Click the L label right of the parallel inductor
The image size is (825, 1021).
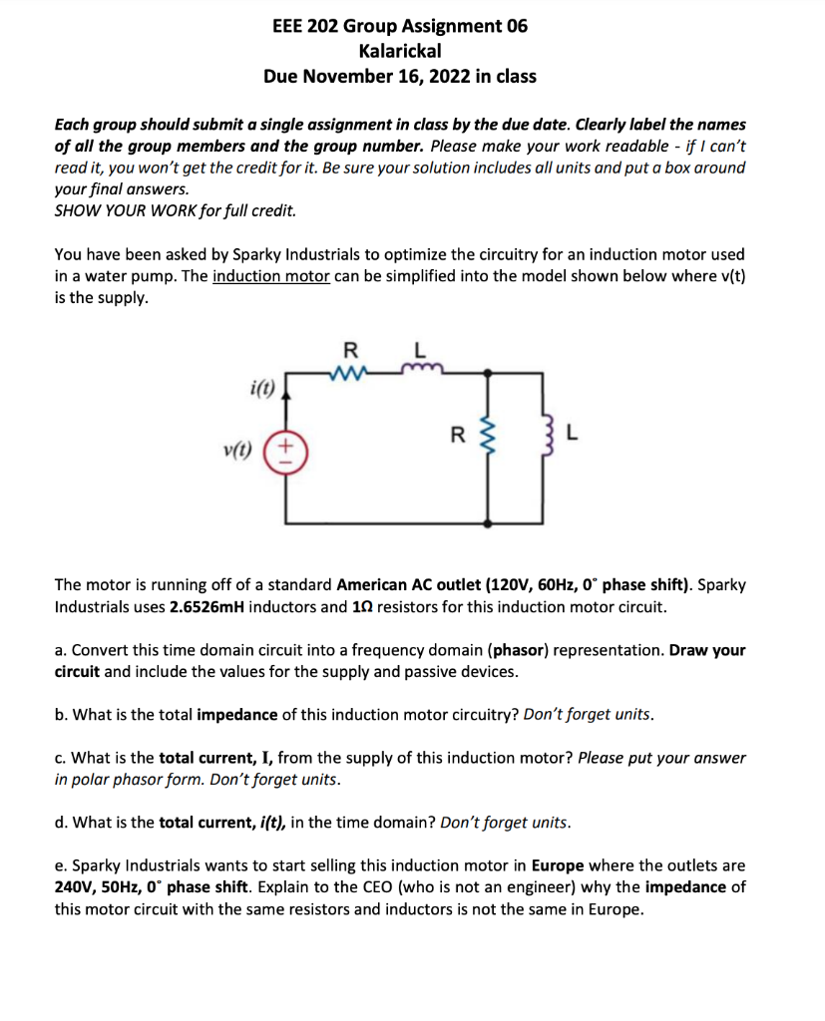pos(571,434)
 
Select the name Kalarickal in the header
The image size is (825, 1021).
pos(399,50)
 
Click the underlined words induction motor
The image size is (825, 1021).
pos(271,276)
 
